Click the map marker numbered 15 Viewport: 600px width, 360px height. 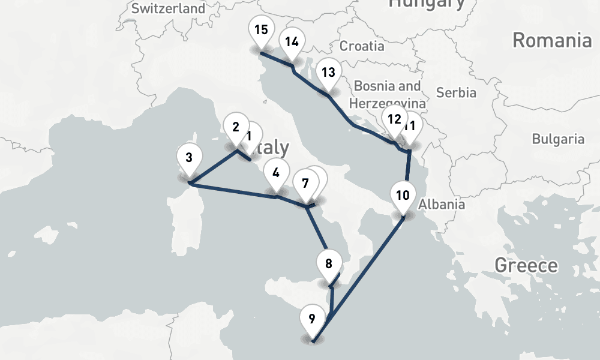pyautogui.click(x=261, y=31)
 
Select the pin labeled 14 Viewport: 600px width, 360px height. pyautogui.click(x=292, y=43)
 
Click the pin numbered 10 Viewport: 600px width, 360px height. pyautogui.click(x=403, y=196)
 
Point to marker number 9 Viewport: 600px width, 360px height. pyautogui.click(x=311, y=320)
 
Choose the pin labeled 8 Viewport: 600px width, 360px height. pyautogui.click(x=328, y=265)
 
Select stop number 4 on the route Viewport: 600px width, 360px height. pyautogui.click(x=275, y=174)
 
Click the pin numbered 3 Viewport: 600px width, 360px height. pyautogui.click(x=189, y=160)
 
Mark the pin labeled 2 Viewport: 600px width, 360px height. pyautogui.click(x=235, y=128)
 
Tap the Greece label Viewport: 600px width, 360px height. pyautogui.click(x=526, y=265)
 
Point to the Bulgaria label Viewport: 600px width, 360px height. pyautogui.click(x=558, y=139)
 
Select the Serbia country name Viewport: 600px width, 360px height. pyautogui.click(x=456, y=92)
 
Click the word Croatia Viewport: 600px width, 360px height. pyautogui.click(x=362, y=46)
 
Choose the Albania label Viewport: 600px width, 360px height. pyautogui.click(x=442, y=204)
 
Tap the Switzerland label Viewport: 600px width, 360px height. pyautogui.click(x=167, y=8)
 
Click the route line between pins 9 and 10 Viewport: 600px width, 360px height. pyautogui.click(x=360, y=270)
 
